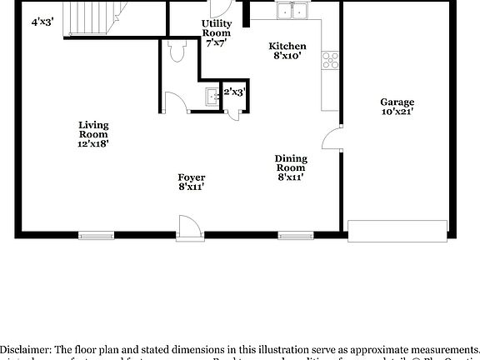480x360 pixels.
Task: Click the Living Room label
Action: (x=93, y=134)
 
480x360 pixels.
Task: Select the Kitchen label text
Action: (x=287, y=51)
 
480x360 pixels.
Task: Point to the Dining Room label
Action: (x=292, y=167)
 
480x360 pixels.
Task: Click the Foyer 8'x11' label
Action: (x=191, y=182)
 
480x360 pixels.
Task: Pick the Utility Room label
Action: (x=217, y=32)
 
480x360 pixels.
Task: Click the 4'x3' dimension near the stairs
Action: (x=42, y=22)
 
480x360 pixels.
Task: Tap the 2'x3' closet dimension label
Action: (x=234, y=92)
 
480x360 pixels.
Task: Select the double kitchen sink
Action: (x=292, y=12)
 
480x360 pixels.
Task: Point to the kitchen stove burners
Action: (x=332, y=59)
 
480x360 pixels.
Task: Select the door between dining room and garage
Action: (x=333, y=139)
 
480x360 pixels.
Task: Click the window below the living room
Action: (x=97, y=234)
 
